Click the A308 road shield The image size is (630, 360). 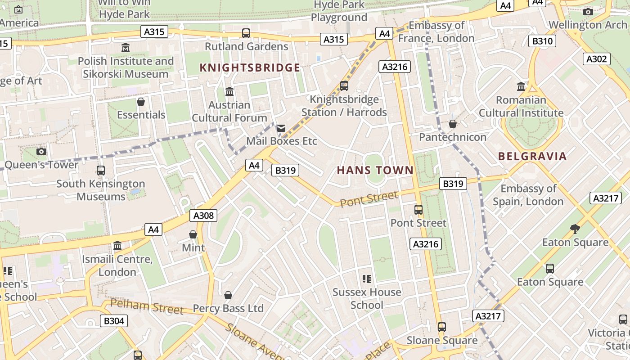[x=203, y=216]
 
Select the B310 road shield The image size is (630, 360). [x=542, y=41]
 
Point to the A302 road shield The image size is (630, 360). [x=597, y=58]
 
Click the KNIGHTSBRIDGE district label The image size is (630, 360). [x=250, y=67]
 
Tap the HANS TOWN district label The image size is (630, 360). [x=375, y=170]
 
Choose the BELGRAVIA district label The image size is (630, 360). [x=532, y=157]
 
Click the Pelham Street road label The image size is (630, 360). [x=147, y=307]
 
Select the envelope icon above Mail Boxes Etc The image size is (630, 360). [x=281, y=128]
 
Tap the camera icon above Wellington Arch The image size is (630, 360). [x=588, y=12]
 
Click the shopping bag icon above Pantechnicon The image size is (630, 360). [x=453, y=124]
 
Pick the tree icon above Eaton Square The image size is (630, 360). [x=575, y=229]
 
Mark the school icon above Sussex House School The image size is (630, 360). [x=367, y=279]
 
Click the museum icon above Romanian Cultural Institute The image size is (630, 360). [x=521, y=86]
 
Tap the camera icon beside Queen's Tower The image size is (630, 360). [x=41, y=151]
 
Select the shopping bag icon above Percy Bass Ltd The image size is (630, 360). [x=228, y=295]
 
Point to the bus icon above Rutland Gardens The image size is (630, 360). [x=246, y=33]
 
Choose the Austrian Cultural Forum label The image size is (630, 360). [x=229, y=111]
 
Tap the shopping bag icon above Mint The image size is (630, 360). [x=193, y=234]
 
